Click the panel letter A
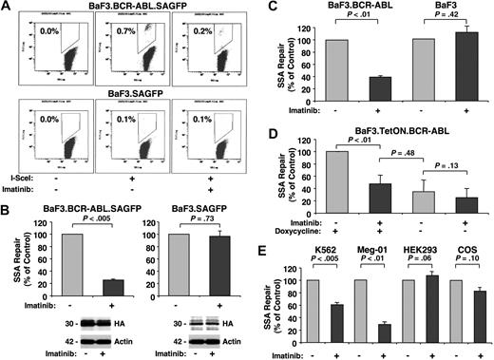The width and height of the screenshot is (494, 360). (8, 8)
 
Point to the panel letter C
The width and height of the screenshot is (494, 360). (265, 8)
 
